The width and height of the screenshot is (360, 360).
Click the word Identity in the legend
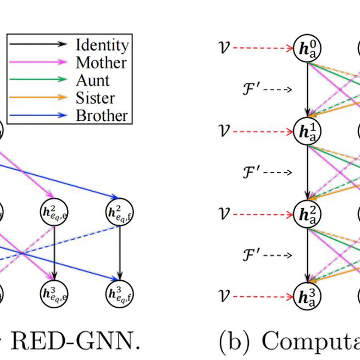click(x=102, y=45)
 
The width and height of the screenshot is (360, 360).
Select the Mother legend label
click(x=101, y=63)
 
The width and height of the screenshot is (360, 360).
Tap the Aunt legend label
click(x=92, y=80)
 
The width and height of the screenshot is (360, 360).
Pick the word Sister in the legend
click(x=95, y=98)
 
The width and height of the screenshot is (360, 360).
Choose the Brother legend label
click(x=102, y=115)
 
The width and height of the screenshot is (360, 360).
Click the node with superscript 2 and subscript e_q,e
click(x=54, y=211)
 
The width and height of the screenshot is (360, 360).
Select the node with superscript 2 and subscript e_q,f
click(x=119, y=211)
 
